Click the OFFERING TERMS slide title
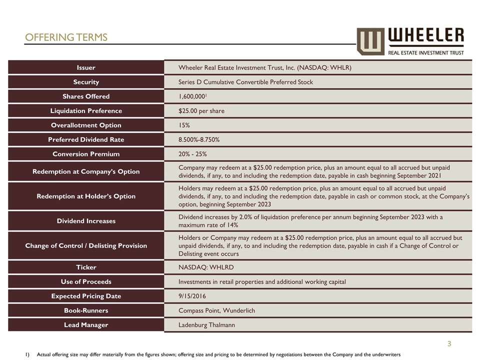(x=66, y=37)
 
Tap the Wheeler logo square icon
(x=370, y=41)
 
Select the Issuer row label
(x=86, y=67)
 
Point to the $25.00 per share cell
(x=201, y=110)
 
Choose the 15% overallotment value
(x=184, y=125)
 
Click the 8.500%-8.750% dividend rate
(x=199, y=139)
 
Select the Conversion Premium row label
(x=86, y=154)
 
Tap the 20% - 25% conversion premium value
(x=192, y=154)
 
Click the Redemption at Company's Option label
(x=86, y=171)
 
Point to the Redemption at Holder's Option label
(x=86, y=196)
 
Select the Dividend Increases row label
(x=86, y=220)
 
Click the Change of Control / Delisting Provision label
(x=86, y=245)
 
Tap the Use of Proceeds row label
(x=86, y=281)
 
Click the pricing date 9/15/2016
(x=192, y=296)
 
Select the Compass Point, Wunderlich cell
(x=216, y=310)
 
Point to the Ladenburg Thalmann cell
(x=206, y=325)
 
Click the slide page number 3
(x=449, y=343)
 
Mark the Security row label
(x=86, y=82)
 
